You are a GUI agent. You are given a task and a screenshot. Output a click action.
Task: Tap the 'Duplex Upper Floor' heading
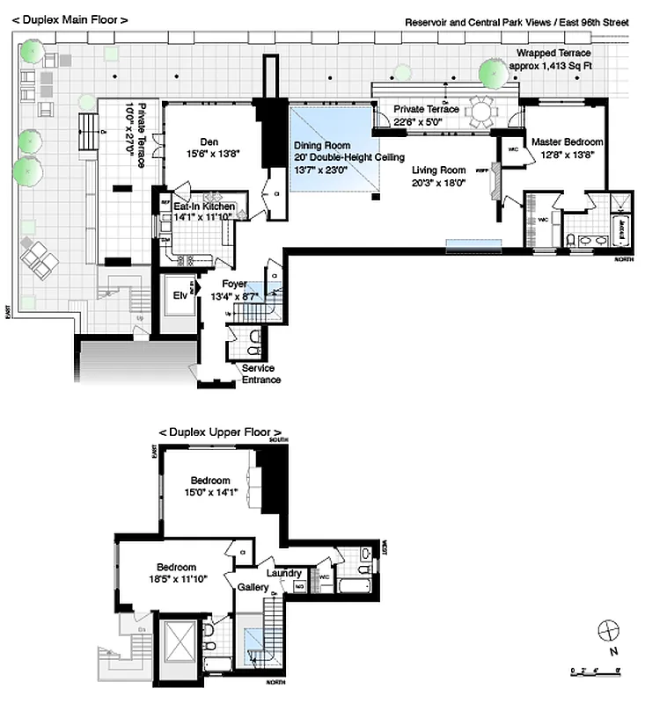[x=220, y=432]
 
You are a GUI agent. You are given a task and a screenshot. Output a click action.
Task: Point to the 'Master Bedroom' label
[x=567, y=141]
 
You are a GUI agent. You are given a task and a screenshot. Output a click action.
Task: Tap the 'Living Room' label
[x=440, y=170]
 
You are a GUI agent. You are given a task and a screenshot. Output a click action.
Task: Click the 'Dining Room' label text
[x=322, y=145]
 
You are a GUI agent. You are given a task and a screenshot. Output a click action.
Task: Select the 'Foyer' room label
[x=234, y=284]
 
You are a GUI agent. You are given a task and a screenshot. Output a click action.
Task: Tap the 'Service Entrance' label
[x=258, y=373]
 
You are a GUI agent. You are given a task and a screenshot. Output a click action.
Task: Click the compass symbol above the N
[x=607, y=630]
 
